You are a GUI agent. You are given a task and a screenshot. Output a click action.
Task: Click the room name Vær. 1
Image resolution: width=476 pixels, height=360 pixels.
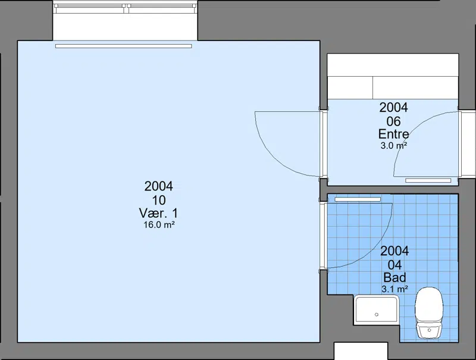[x=158, y=213]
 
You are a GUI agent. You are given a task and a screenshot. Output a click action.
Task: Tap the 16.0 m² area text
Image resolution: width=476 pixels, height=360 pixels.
[x=159, y=225]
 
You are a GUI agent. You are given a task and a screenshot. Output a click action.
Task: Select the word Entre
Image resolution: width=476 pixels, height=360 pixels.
[x=393, y=134]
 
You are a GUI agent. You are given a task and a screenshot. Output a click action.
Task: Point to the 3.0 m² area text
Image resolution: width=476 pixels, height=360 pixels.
[x=394, y=146]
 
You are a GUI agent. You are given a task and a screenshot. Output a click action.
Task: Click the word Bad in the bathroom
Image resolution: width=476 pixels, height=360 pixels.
[x=394, y=277]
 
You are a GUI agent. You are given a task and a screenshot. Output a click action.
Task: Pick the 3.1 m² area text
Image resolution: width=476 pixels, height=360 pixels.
[x=394, y=289]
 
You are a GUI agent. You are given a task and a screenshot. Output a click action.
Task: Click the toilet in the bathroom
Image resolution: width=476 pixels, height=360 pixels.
[x=429, y=313]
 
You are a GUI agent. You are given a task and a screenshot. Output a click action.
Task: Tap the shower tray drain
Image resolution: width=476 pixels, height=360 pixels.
[x=377, y=314]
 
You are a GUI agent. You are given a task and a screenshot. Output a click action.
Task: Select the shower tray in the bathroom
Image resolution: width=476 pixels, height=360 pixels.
[x=377, y=309]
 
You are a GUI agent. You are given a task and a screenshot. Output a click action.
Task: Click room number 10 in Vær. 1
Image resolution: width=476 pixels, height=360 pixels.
[x=159, y=200]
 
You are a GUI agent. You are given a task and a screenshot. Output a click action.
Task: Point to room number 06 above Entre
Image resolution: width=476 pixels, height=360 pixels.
[x=393, y=121]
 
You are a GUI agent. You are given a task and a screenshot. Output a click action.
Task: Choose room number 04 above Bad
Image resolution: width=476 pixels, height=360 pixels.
[x=394, y=265]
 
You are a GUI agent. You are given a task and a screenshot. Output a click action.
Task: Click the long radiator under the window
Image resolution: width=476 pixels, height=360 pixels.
[x=124, y=46]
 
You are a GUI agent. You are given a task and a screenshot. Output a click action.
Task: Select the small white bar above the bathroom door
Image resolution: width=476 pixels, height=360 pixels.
[x=358, y=199]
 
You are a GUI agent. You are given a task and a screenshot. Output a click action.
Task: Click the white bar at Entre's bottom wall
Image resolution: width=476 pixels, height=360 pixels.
[x=428, y=181]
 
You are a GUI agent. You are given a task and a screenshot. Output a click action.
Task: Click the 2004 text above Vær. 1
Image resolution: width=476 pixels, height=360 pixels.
[x=159, y=186]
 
